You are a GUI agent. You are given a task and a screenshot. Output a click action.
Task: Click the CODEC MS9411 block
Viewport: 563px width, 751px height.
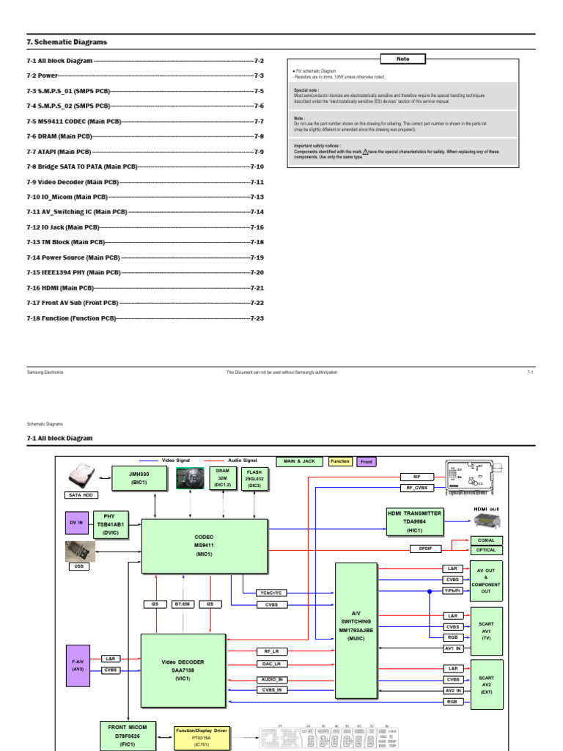[203, 546]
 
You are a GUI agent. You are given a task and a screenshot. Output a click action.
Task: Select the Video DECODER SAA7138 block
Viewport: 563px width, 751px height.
[183, 670]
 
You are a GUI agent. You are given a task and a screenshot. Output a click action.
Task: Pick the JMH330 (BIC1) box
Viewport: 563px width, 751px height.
[136, 478]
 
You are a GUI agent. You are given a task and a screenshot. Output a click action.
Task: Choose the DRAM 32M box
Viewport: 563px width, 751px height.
[221, 477]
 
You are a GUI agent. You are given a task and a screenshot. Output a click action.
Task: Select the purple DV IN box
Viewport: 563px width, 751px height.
[76, 522]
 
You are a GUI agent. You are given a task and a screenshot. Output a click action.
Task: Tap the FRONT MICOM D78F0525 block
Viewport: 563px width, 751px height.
[128, 735]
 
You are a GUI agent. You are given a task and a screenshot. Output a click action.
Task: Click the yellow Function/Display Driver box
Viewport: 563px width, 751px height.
[200, 736]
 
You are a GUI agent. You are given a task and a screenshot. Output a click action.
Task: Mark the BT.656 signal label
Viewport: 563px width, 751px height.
[183, 604]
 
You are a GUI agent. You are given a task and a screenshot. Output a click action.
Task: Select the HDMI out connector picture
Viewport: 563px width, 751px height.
[486, 521]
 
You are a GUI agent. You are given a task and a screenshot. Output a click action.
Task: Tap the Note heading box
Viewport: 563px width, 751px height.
[402, 59]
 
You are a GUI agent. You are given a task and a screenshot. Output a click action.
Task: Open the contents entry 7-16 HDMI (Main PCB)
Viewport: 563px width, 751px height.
[61, 287]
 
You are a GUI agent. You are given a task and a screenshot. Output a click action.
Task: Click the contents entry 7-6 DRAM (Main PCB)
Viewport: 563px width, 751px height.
[59, 136]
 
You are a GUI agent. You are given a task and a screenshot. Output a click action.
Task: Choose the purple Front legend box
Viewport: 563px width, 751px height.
[365, 461]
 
